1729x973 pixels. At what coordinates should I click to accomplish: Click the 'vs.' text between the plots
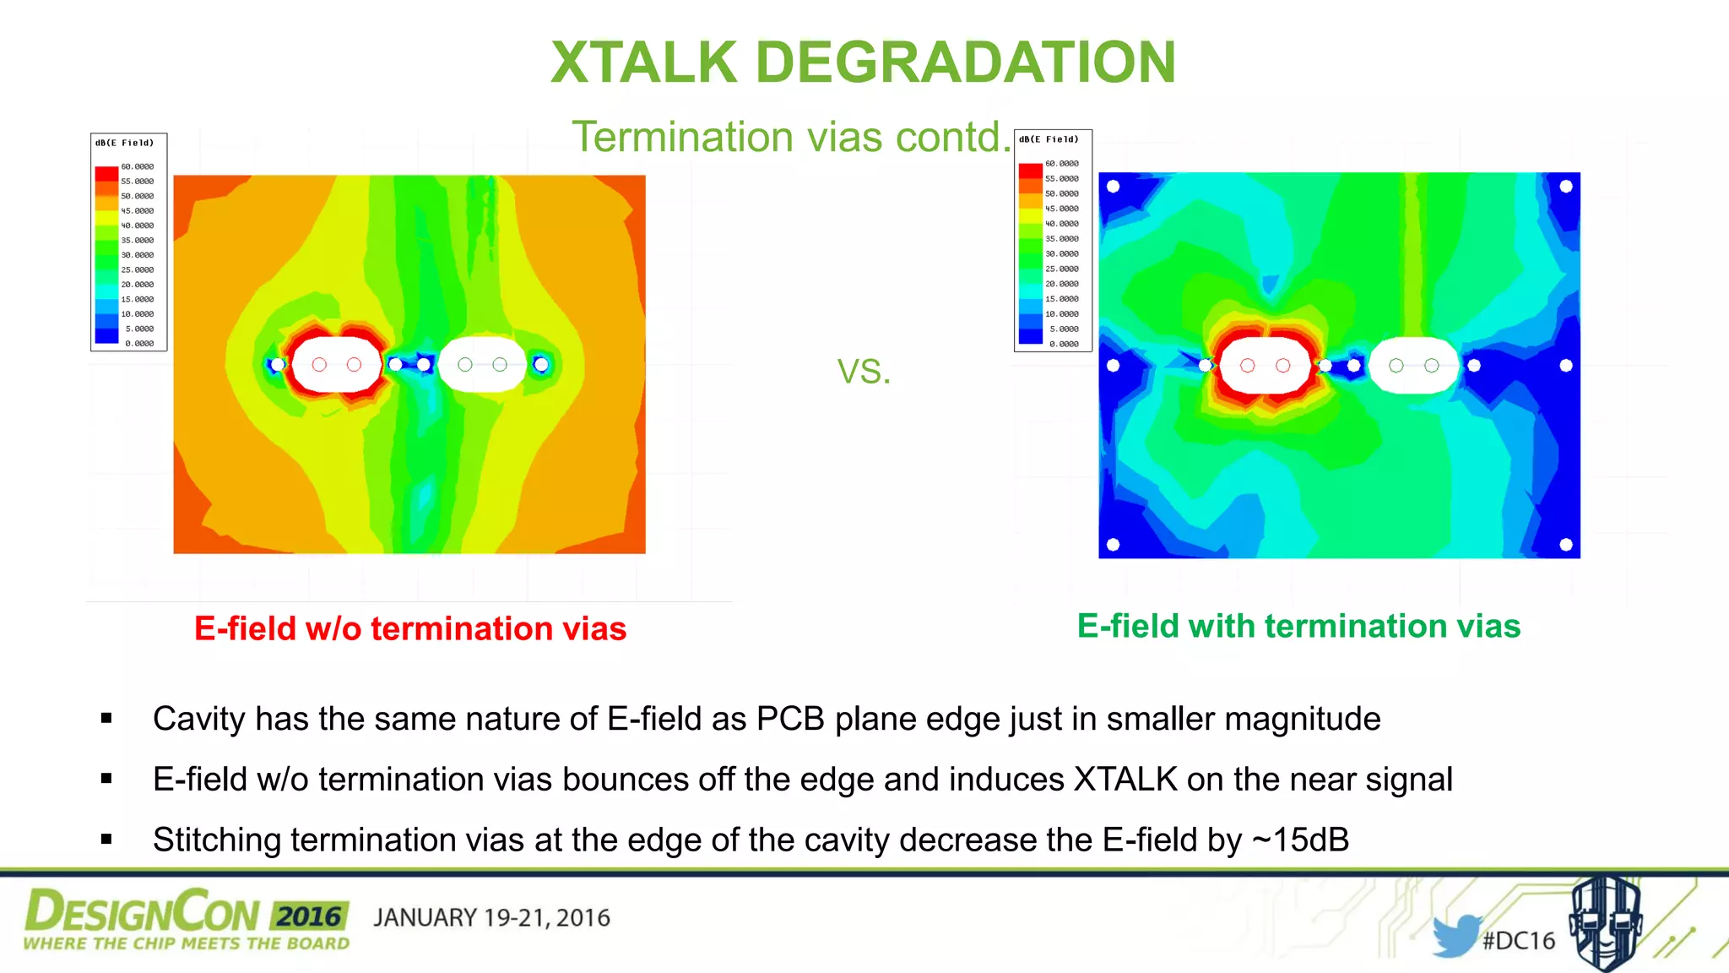(x=864, y=370)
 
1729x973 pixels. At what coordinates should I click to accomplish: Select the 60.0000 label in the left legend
(x=138, y=166)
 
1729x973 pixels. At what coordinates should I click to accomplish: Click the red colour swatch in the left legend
(x=106, y=173)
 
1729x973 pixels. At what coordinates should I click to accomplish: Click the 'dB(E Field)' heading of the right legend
(x=1049, y=139)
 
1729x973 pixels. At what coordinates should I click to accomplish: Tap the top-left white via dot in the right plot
(x=1113, y=187)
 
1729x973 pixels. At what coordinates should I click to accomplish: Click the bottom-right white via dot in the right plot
(x=1565, y=545)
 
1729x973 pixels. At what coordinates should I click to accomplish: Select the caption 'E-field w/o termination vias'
(x=410, y=628)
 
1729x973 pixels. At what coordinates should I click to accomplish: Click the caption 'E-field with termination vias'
(x=1298, y=626)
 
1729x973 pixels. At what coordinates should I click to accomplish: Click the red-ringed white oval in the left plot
(x=336, y=364)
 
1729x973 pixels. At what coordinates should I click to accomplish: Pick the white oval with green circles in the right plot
(x=1414, y=365)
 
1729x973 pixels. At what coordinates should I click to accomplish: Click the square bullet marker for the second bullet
(x=106, y=779)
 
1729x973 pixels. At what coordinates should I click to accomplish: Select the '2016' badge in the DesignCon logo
(x=309, y=916)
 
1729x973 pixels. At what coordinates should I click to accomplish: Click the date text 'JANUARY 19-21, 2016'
(x=491, y=918)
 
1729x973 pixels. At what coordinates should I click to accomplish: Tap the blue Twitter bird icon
(x=1455, y=935)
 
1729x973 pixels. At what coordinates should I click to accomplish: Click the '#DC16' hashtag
(x=1519, y=940)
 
